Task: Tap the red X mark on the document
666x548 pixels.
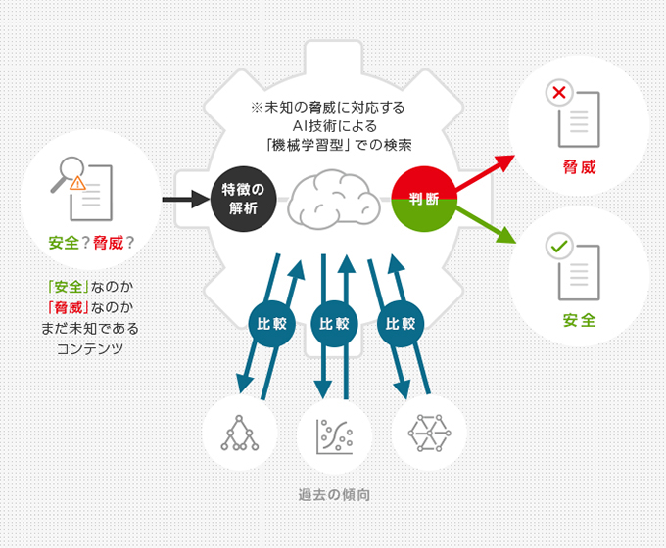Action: [x=560, y=95]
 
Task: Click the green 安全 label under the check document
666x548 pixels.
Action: [x=579, y=320]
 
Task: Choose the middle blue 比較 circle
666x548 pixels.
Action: [x=334, y=323]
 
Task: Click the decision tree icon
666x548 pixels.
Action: [x=238, y=432]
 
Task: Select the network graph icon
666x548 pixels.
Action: [x=428, y=432]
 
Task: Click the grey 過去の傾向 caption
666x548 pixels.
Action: [x=333, y=494]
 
